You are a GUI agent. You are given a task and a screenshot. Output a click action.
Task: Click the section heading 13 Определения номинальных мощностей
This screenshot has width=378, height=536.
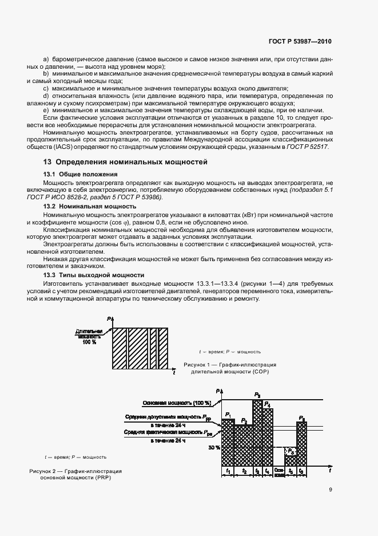125,162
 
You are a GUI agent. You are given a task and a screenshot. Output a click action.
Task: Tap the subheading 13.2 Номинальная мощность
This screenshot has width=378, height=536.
90,206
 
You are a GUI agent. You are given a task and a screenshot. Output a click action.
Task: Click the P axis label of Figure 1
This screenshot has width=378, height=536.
108,318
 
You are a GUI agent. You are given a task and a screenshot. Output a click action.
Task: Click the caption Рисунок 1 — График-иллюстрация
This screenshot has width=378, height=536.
230,365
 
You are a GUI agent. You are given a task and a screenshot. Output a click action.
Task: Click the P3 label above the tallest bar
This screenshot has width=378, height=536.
257,395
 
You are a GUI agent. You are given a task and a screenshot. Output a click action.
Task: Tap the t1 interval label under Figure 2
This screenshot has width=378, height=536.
228,471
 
